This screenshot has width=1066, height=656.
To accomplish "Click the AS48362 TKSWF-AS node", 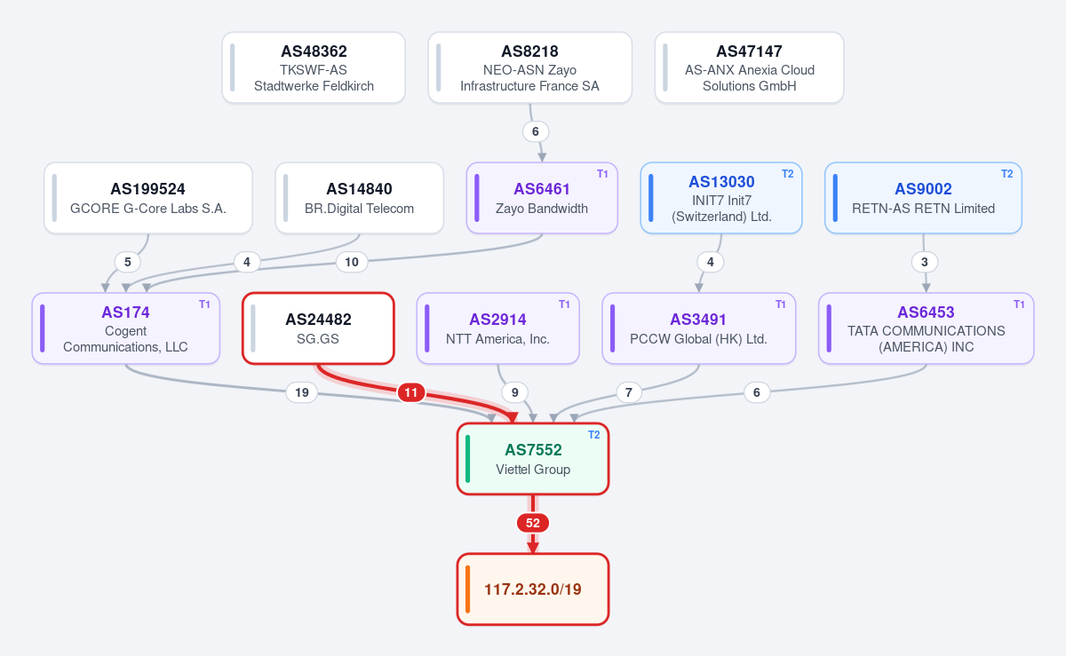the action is pyautogui.click(x=314, y=67).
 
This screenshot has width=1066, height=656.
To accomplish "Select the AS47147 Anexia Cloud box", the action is pyautogui.click(x=749, y=67).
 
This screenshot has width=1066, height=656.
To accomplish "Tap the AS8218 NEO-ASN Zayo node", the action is pyautogui.click(x=529, y=67).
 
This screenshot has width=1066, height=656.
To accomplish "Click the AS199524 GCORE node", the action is pyautogui.click(x=148, y=198).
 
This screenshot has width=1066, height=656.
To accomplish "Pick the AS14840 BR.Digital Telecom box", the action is pyautogui.click(x=359, y=198).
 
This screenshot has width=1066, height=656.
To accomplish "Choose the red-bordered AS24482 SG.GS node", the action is pyautogui.click(x=318, y=328).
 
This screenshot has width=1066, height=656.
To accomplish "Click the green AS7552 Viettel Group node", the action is pyautogui.click(x=532, y=459).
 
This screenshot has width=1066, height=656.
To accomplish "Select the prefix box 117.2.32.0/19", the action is pyautogui.click(x=532, y=589).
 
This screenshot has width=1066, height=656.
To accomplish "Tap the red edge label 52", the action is pyautogui.click(x=532, y=523).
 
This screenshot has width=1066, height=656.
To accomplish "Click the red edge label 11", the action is pyautogui.click(x=410, y=392).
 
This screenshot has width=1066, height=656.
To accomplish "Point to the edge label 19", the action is pyautogui.click(x=302, y=392).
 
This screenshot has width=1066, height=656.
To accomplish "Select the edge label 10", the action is pyautogui.click(x=352, y=262).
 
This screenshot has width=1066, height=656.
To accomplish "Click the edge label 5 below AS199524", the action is pyautogui.click(x=128, y=262).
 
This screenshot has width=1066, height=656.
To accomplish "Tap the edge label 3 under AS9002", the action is pyautogui.click(x=924, y=262).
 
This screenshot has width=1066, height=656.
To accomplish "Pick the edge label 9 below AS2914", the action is pyautogui.click(x=514, y=392).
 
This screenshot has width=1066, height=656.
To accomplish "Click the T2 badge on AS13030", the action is pyautogui.click(x=787, y=174).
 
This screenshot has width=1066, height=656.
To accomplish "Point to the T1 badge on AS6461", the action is pyautogui.click(x=602, y=174).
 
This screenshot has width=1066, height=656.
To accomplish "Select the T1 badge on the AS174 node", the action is pyautogui.click(x=204, y=304).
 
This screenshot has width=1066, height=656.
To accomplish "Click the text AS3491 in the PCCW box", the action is pyautogui.click(x=698, y=320).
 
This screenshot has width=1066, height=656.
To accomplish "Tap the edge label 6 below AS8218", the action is pyautogui.click(x=536, y=131).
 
